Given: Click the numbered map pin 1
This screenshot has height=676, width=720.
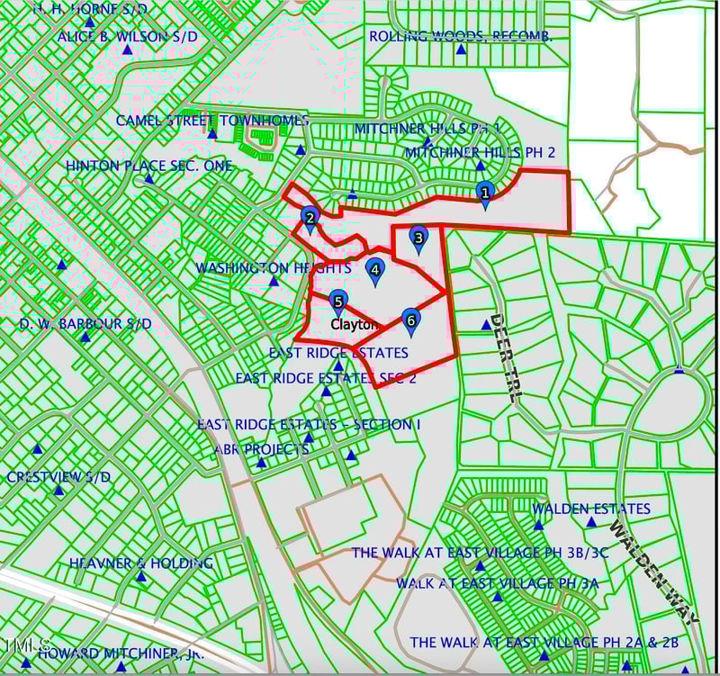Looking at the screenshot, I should pos(485,193).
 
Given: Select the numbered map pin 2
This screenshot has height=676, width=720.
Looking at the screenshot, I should pos(310,218).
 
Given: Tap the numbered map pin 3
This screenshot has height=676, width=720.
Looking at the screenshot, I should pos(418,237).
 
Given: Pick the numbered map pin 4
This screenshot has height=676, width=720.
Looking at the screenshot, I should pos(375,268).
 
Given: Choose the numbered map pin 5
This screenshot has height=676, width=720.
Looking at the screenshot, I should pos(337,302).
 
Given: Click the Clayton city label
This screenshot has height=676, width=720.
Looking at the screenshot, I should pos(354,324).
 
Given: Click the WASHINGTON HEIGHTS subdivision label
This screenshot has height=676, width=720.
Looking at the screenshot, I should pos(273,268).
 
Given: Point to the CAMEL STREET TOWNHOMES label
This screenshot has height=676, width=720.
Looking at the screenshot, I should pos(212,121).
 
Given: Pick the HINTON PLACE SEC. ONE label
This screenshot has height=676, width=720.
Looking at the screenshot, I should pos(148,167).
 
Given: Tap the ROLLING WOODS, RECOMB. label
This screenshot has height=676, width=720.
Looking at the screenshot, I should pos(460,37).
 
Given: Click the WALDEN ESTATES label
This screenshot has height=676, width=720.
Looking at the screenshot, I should pos(590,509).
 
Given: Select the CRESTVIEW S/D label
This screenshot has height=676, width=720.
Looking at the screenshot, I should pos(58,478).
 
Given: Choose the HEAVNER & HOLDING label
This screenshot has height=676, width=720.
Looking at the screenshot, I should pos(140,563).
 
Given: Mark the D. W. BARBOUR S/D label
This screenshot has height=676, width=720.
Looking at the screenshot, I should pos(85,324).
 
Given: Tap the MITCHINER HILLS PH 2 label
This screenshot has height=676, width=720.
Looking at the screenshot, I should pos(480,152).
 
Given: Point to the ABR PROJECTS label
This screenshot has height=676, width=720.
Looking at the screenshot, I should pos(261,449).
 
